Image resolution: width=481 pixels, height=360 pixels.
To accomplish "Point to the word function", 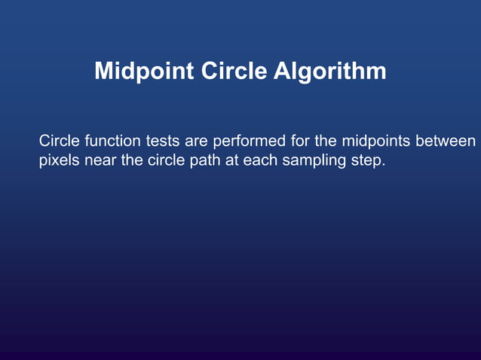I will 114,141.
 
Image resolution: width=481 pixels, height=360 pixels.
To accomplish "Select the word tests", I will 164,141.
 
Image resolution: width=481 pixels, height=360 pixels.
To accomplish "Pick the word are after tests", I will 198,141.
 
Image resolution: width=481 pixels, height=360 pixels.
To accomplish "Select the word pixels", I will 60,160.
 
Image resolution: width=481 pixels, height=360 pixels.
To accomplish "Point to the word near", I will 100,160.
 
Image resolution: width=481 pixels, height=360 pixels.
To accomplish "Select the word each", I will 259,160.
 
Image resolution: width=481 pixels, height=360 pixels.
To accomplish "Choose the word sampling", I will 312,160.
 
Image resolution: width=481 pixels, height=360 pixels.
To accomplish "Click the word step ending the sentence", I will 366,160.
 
